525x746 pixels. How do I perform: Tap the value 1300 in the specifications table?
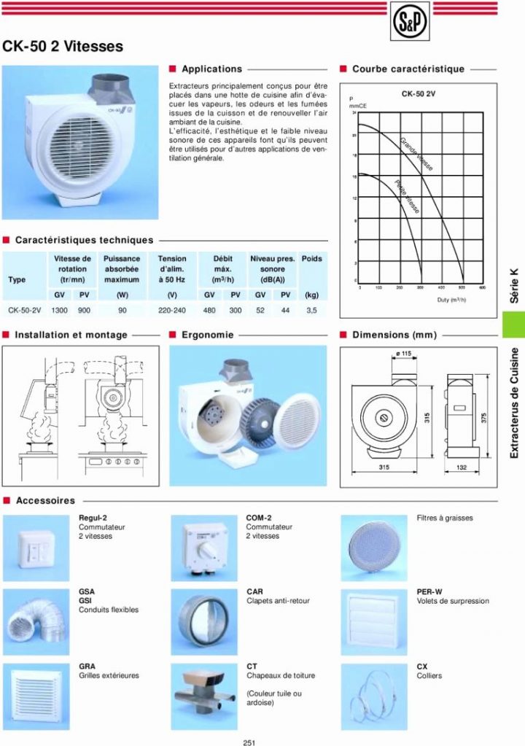59,310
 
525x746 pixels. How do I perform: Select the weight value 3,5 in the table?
311,310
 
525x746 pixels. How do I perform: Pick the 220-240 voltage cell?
172,310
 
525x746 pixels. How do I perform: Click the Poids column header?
311,259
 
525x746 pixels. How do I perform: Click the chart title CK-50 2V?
418,94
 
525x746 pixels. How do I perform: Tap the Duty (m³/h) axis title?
451,300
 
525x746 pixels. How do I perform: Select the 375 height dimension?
483,417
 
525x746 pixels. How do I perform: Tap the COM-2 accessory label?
259,518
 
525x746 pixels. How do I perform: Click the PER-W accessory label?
429,591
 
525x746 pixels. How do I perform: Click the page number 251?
249,742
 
